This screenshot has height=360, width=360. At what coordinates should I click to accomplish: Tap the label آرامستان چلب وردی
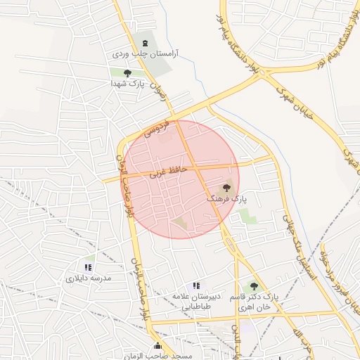pos(146,53)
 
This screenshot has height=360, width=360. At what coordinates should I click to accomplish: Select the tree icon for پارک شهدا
pos(127,72)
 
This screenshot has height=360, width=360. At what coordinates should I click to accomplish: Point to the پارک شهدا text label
pos(127,83)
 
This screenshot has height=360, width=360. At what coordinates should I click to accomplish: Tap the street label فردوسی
pos(157,127)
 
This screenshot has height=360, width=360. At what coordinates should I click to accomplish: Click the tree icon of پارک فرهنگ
pos(226,188)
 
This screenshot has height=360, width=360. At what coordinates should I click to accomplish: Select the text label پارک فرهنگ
pos(226,200)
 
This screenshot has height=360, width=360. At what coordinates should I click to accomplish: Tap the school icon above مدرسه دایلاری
pos(88,267)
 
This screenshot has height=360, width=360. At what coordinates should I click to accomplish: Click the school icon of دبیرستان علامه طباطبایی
pos(196,285)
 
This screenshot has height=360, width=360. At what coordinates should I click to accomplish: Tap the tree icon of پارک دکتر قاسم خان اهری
pos(254,286)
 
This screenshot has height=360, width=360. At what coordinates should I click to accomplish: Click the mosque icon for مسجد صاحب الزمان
pos(157,346)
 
